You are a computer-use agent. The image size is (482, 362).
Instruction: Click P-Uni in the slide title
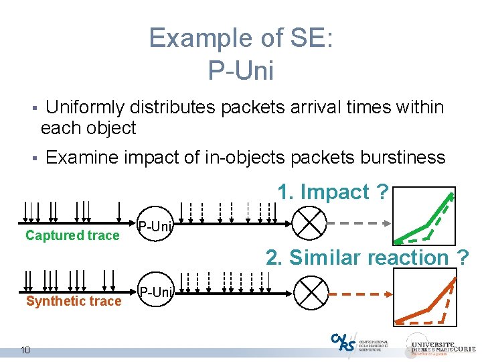pos(241,70)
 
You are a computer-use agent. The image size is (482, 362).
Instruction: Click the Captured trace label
pos(72,235)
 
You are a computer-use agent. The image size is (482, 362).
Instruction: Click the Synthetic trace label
pos(74,302)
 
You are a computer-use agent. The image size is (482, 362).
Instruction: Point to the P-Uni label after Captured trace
pos(155,226)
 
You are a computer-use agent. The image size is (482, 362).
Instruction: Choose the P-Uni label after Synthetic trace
pos(155,292)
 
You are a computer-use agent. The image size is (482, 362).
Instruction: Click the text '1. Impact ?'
pos(333,192)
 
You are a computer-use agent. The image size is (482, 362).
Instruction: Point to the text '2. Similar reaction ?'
pos(367,257)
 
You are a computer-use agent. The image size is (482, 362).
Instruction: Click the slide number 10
pos(25,349)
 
